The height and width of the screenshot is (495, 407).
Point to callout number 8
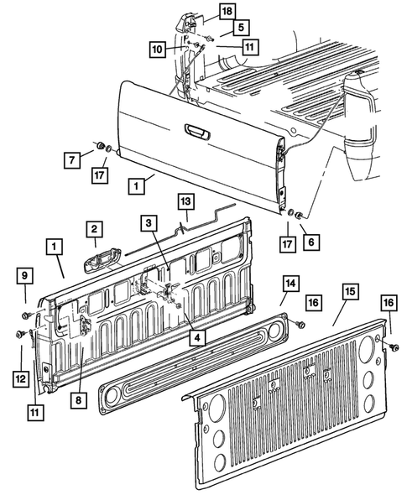click(x=78, y=400)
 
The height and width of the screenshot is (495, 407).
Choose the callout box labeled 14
click(x=289, y=284)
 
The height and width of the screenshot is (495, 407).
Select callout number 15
click(x=350, y=292)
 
